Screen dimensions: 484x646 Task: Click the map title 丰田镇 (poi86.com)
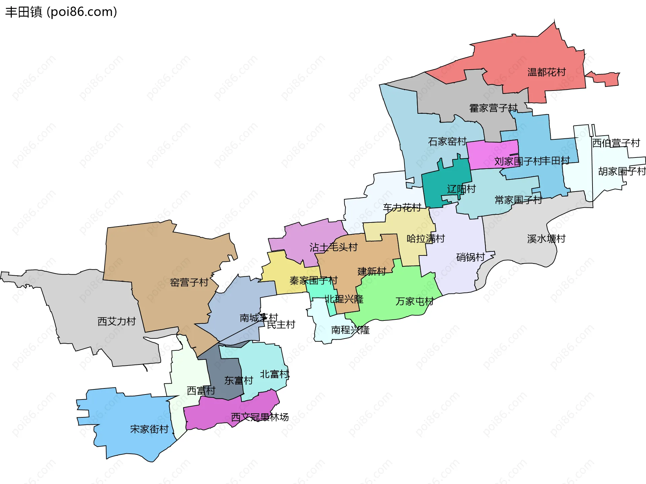click(x=61, y=12)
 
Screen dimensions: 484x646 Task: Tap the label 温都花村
click(x=546, y=72)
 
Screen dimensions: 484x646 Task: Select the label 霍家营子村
click(x=493, y=108)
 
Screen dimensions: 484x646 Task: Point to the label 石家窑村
click(x=447, y=141)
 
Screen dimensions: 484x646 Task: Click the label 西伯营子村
click(x=616, y=143)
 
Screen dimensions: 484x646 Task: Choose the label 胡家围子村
click(x=622, y=171)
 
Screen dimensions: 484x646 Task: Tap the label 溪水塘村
click(x=546, y=239)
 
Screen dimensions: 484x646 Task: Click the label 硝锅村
click(x=470, y=257)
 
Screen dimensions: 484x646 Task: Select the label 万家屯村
click(x=415, y=301)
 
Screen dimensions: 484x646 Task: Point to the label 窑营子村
click(x=189, y=282)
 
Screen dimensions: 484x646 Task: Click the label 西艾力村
click(x=116, y=321)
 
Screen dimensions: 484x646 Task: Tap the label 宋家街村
click(x=149, y=429)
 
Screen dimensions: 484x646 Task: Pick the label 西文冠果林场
click(x=260, y=417)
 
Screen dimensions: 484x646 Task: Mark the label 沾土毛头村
click(x=333, y=247)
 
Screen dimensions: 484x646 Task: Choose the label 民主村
click(x=281, y=325)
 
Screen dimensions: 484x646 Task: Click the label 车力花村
click(x=402, y=207)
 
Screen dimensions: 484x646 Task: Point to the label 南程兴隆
click(x=350, y=330)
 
